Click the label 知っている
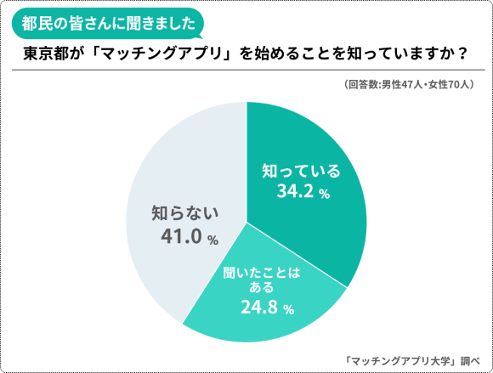coord(303,171)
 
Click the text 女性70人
coord(446,85)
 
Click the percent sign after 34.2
coord(324,195)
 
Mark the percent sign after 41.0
coord(213,240)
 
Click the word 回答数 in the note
coord(361,85)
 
